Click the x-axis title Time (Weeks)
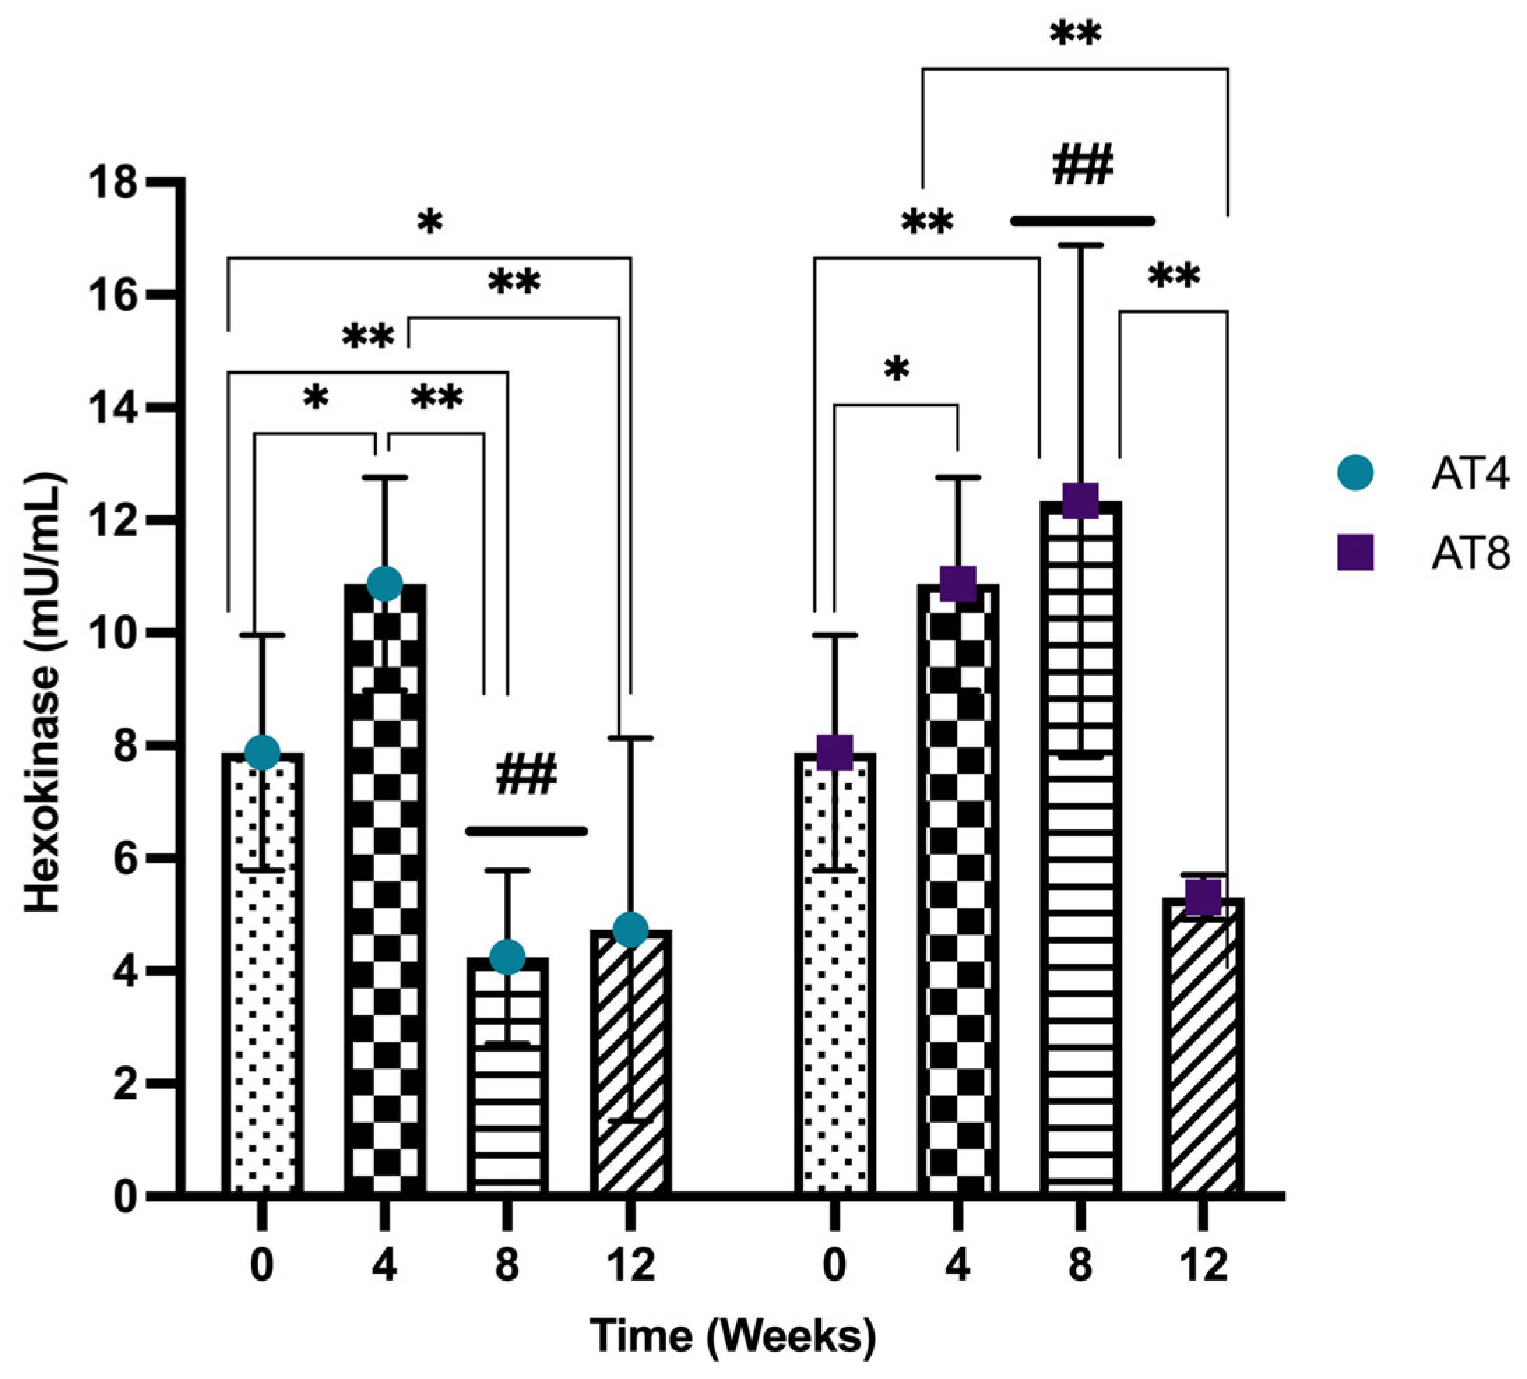pos(733,1336)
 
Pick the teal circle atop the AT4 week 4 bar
pos(385,583)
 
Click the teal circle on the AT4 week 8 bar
pos(507,957)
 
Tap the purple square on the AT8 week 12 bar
pos(1203,897)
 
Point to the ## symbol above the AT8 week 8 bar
pos(1083,165)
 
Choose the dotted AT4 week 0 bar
pos(262,985)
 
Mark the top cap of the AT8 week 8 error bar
pos(1080,245)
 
